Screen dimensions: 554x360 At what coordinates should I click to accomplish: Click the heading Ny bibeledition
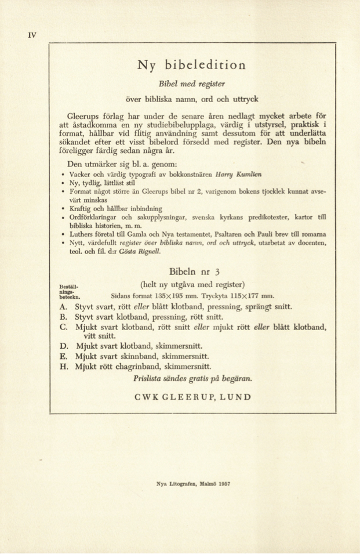pyautogui.click(x=191, y=64)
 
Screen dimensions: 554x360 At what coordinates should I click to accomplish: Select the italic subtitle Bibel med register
pyautogui.click(x=192, y=84)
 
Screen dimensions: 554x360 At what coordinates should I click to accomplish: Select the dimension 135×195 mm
pyautogui.click(x=158, y=294)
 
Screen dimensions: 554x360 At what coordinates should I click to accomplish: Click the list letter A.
pyautogui.click(x=64, y=306)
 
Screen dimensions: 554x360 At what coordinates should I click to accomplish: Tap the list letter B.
pyautogui.click(x=64, y=317)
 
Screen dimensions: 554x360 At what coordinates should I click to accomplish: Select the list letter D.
pyautogui.click(x=64, y=346)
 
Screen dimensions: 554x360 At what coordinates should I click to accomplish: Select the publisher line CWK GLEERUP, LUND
pyautogui.click(x=192, y=397)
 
